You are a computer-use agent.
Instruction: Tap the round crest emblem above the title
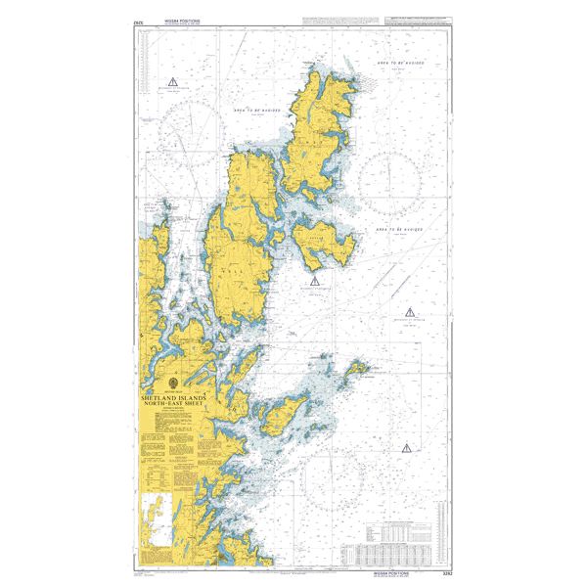pos(172,383)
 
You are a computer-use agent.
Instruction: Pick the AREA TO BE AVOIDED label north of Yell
pos(257,111)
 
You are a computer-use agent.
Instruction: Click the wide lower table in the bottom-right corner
pos(401,548)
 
